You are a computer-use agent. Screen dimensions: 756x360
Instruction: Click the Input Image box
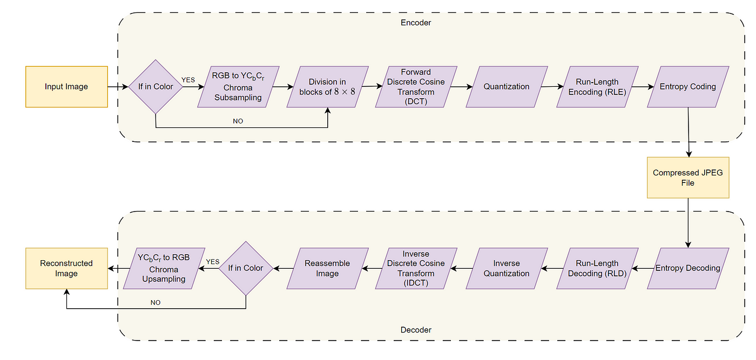tap(66, 87)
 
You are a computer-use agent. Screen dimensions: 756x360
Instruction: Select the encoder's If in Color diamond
tap(156, 87)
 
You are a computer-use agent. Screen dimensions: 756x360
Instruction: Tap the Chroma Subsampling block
tap(238, 87)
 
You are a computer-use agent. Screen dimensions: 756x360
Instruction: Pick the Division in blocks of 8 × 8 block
tap(327, 87)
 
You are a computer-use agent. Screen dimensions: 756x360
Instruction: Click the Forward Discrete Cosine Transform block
tap(416, 87)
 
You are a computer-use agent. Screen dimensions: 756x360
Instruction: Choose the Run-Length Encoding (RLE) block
tap(597, 87)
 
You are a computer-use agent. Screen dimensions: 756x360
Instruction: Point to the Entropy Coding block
tap(688, 87)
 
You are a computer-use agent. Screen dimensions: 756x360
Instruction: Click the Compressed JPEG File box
tap(688, 178)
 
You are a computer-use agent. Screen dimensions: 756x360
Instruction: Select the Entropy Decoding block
tap(688, 269)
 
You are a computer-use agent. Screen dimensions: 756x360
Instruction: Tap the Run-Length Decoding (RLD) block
tap(597, 269)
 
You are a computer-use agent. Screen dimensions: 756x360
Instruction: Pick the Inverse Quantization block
tap(507, 269)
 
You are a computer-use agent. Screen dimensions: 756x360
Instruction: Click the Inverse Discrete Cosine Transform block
tap(416, 269)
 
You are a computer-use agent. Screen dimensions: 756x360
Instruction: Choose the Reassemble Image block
tap(327, 269)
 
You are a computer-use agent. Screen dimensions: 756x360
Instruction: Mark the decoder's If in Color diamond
tap(246, 269)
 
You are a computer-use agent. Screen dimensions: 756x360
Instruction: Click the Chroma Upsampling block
tap(164, 269)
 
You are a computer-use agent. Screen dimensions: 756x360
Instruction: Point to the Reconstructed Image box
tap(66, 269)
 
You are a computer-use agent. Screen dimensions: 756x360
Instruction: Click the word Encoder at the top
tap(416, 23)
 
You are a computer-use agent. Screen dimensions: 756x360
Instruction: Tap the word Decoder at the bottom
tap(416, 330)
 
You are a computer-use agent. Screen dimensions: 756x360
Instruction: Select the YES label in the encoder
tap(188, 80)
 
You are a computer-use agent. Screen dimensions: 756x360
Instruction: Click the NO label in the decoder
tap(156, 303)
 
